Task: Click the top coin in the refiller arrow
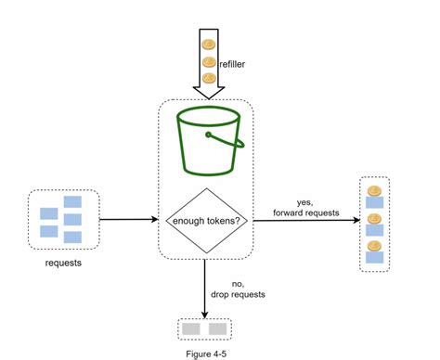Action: coord(209,45)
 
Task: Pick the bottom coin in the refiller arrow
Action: coord(209,80)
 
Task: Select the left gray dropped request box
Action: coord(190,328)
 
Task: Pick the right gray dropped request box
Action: coord(218,328)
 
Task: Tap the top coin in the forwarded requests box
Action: coord(374,192)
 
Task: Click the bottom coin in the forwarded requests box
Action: coord(374,248)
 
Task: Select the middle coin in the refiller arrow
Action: coord(209,62)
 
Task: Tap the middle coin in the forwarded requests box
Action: coord(374,220)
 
